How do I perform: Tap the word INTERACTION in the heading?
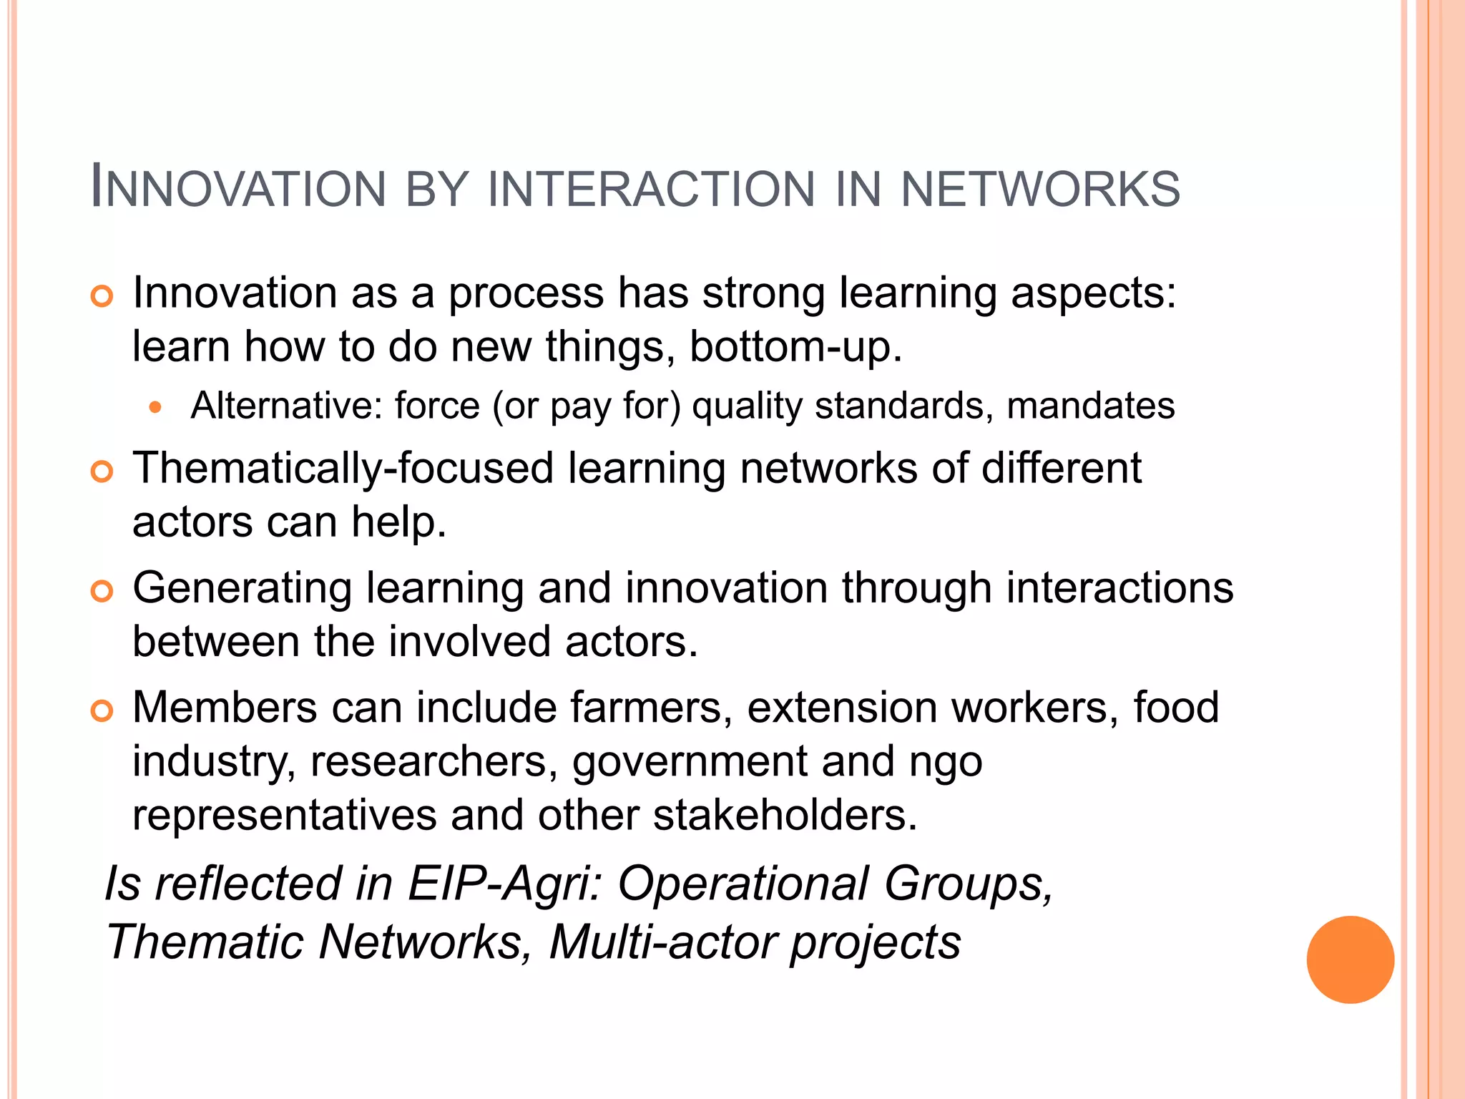coord(651,190)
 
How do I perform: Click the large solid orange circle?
coord(1350,959)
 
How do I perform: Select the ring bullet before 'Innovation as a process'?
coord(102,296)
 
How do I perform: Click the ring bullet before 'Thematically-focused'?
coord(102,472)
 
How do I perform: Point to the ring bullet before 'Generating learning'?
coord(102,591)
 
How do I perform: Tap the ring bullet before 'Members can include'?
coord(102,710)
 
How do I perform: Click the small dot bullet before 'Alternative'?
coord(156,408)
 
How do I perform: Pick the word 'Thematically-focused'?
coord(343,469)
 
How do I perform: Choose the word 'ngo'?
coord(946,763)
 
